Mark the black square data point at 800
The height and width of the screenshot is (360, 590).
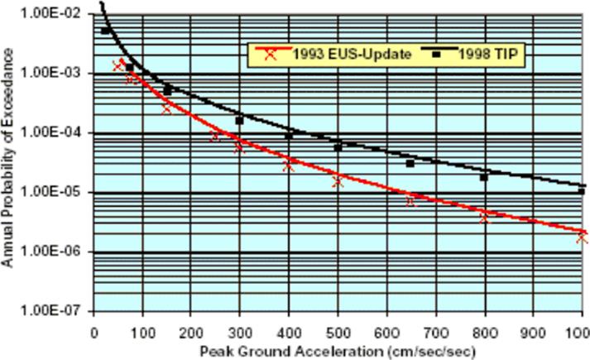(x=484, y=177)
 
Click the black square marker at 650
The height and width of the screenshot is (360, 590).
(x=410, y=164)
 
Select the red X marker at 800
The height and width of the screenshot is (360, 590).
(x=484, y=218)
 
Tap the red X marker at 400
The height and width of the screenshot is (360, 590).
(x=289, y=166)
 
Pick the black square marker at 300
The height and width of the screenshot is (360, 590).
(x=240, y=121)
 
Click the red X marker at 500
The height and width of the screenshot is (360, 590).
(x=338, y=181)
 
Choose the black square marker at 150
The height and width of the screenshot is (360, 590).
(x=167, y=90)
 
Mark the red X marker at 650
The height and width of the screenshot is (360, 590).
(x=410, y=200)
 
